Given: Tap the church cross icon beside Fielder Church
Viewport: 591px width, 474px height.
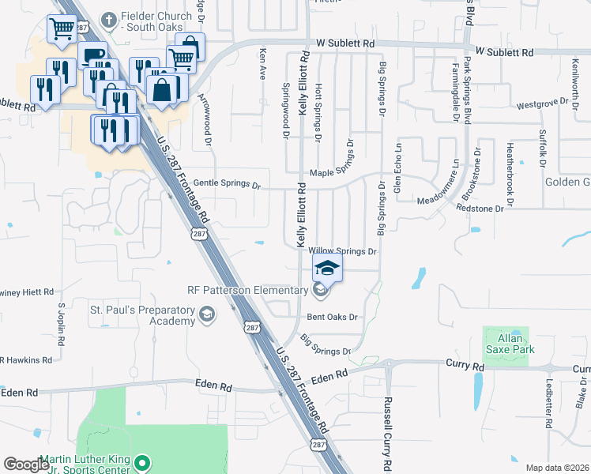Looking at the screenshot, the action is (x=109, y=17).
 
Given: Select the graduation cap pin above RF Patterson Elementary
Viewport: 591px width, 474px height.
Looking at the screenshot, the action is (x=328, y=269).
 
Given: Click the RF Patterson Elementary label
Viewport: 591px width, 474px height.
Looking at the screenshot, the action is (x=247, y=290).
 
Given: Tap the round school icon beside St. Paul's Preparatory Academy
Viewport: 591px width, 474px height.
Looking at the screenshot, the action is (x=207, y=316).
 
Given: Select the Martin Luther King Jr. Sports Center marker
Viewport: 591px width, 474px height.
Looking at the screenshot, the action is (x=142, y=462).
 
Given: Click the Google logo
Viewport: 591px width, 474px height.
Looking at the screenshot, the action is (x=27, y=464).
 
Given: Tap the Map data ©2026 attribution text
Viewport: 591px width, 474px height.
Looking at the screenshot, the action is (x=556, y=468).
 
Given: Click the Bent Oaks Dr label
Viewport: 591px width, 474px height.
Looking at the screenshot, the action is (x=333, y=317).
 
